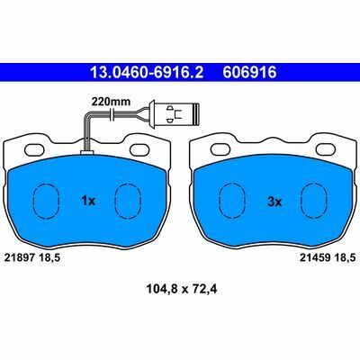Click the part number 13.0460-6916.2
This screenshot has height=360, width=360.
(x=147, y=72)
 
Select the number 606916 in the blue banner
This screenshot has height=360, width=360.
(x=249, y=72)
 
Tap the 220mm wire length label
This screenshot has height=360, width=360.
(x=111, y=102)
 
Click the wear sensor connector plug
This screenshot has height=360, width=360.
(x=175, y=113)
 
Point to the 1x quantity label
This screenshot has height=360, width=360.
(x=88, y=201)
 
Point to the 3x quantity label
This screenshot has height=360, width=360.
(x=274, y=202)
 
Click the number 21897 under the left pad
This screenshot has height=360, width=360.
(x=20, y=257)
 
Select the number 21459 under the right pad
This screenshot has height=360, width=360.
(x=315, y=257)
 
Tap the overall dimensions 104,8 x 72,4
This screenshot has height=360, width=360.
(x=182, y=289)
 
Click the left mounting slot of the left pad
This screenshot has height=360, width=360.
(x=36, y=149)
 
